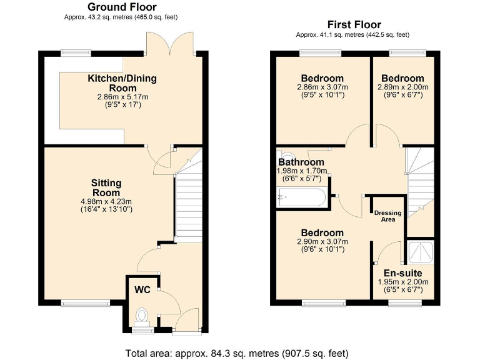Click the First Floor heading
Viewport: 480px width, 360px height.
[x=354, y=24]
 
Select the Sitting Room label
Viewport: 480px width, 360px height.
[x=106, y=187]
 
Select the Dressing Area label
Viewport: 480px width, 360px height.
[x=387, y=216]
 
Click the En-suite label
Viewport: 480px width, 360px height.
[x=402, y=273]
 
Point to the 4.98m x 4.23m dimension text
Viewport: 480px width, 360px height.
[x=106, y=201]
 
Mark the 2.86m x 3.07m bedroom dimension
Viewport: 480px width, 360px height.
[x=322, y=87]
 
